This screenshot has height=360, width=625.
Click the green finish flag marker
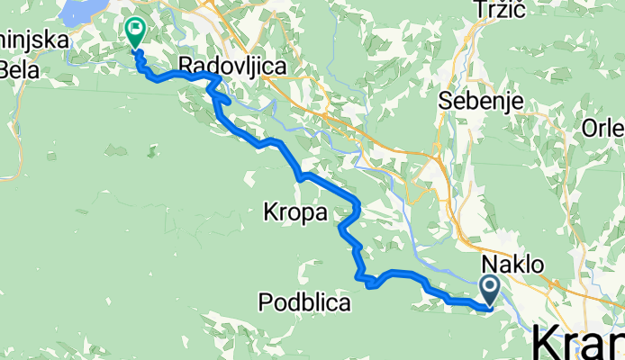(x=135, y=33)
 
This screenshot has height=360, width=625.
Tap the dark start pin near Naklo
(x=491, y=289)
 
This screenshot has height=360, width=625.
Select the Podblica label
(x=303, y=303)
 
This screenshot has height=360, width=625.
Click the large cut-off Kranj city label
(x=576, y=344)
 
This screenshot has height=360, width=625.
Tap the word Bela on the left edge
(x=20, y=68)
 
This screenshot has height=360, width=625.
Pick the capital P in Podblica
(x=263, y=303)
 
